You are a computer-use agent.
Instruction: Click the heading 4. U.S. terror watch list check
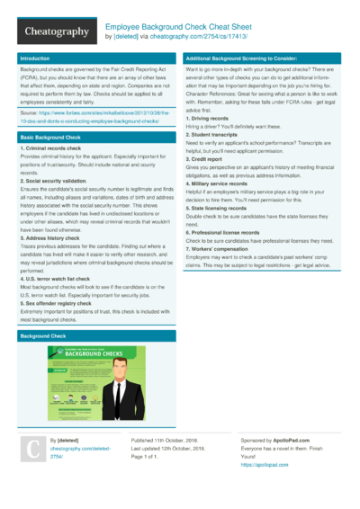pyautogui.click(x=60, y=279)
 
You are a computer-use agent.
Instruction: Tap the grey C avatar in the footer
pyautogui.click(x=32, y=449)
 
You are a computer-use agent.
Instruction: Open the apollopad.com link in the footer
pyautogui.click(x=258, y=465)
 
